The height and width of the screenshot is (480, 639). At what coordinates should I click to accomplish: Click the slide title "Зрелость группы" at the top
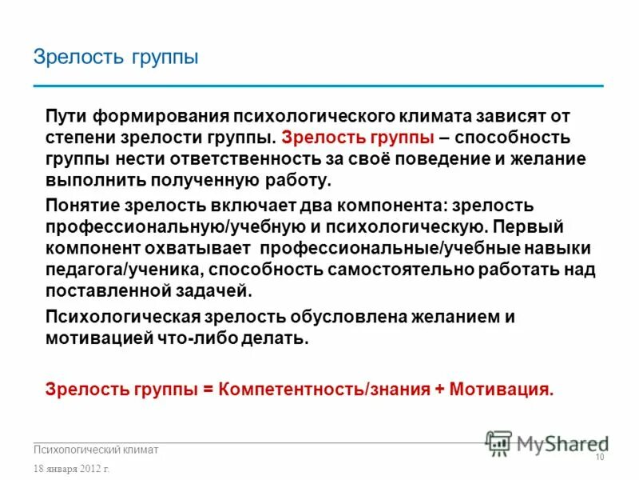(x=116, y=58)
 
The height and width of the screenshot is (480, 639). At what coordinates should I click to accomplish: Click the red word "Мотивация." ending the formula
(x=502, y=390)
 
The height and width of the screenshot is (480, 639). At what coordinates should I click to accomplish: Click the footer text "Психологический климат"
(x=96, y=450)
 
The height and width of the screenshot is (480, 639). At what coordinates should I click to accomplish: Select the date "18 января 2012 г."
(x=71, y=468)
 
